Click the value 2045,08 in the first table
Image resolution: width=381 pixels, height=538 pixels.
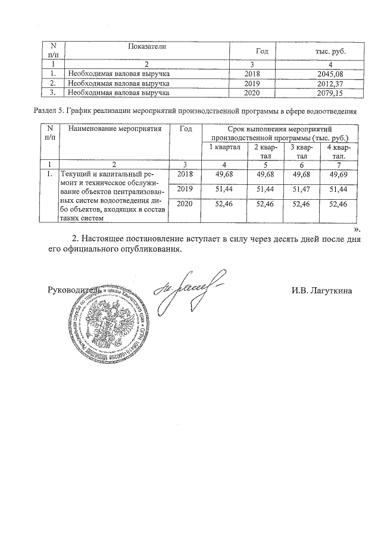tap(329, 74)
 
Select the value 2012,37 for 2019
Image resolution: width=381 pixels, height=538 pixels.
tap(329, 84)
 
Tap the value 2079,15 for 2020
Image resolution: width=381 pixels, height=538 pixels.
tap(329, 93)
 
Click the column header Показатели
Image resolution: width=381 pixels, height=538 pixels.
tap(146, 46)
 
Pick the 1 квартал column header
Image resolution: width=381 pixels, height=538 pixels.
tap(221, 147)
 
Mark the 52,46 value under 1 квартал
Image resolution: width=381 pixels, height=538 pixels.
tap(221, 204)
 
